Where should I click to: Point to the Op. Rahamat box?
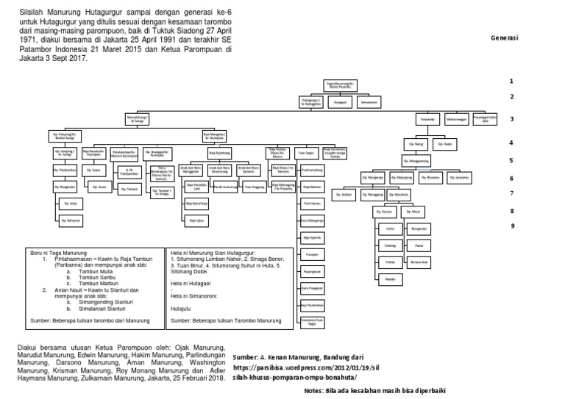[71, 220]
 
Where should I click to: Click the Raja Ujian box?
[196, 220]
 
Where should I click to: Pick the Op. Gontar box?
[381, 212]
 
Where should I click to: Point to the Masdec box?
[391, 278]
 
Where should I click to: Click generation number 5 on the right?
[511, 159]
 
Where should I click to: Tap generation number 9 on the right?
[511, 226]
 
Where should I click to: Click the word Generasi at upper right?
[504, 37]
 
